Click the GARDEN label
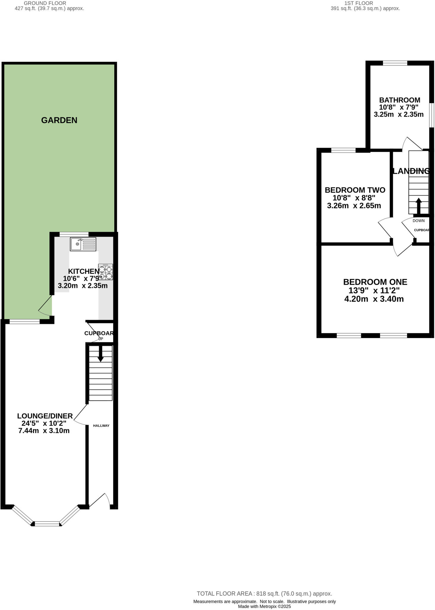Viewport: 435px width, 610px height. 59,120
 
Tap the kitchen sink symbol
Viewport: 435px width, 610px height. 83,244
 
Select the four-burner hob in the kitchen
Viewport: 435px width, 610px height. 106,272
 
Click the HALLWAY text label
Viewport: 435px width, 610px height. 101,426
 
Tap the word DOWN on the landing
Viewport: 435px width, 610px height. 418,221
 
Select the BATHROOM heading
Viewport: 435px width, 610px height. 399,100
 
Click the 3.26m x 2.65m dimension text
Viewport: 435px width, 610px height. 354,206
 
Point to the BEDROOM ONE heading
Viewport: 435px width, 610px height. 375,282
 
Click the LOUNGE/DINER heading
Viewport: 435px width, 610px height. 45,416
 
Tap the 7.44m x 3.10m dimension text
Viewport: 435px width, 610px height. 44,431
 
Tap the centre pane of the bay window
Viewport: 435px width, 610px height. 47,524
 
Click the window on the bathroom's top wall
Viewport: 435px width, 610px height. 395,63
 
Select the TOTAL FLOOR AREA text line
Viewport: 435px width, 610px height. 264,594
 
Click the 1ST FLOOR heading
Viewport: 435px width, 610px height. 359,3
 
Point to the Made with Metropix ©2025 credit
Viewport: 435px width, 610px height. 264,606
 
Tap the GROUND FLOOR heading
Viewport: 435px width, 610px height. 45,3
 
